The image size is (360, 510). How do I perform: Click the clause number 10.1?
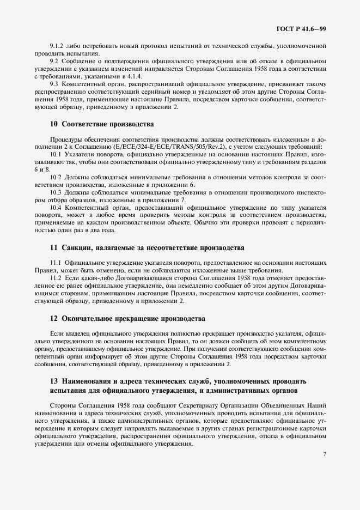pos(56,155)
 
